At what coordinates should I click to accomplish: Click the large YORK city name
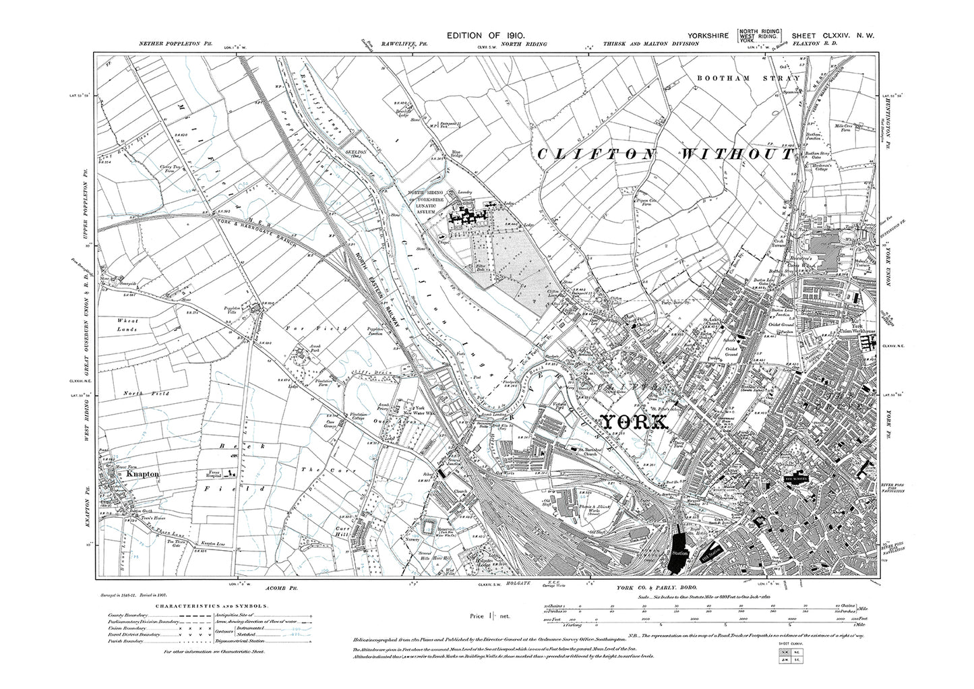(634, 423)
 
